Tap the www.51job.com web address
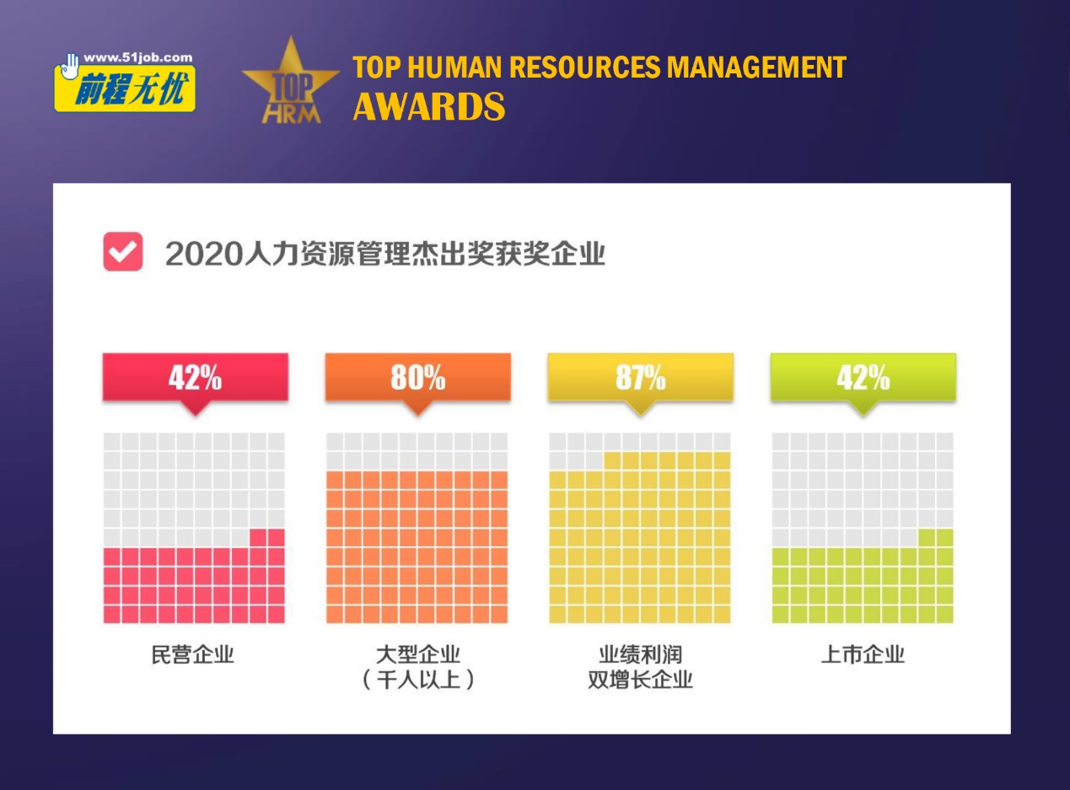coord(137,58)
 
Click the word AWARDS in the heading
coord(429,107)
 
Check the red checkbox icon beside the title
coord(123,252)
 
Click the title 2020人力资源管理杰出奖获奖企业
coord(385,253)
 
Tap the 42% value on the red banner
coord(195,379)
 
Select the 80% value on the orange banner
coord(417,379)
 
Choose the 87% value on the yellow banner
coord(640,379)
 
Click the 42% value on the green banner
coord(863,379)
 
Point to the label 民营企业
coord(193,654)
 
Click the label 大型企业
coord(417,654)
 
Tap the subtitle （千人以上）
coord(417,680)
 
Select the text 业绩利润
coord(640,654)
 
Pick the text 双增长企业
coord(640,680)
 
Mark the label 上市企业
coord(863,654)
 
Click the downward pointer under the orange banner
coord(417,409)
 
